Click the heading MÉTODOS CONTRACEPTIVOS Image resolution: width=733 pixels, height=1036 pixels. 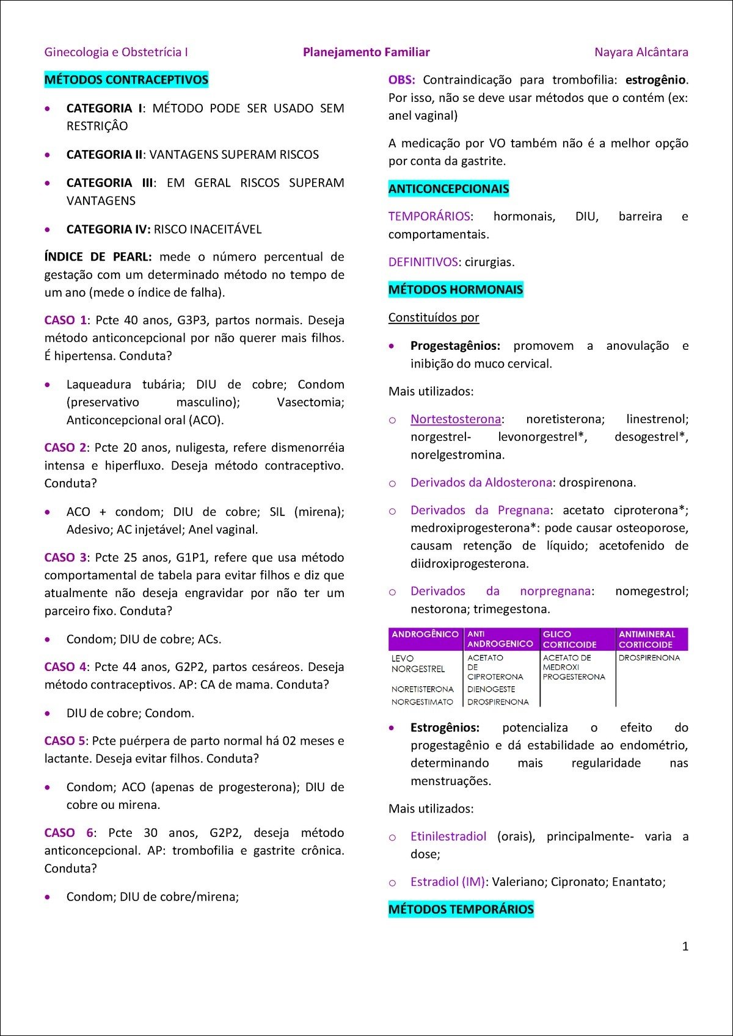pyautogui.click(x=126, y=80)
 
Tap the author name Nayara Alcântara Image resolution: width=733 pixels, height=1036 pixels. pyautogui.click(x=641, y=52)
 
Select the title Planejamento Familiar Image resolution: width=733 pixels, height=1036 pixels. pyautogui.click(x=366, y=52)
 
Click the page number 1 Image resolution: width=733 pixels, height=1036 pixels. pyautogui.click(x=685, y=946)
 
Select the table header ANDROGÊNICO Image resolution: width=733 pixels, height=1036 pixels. pyautogui.click(x=425, y=634)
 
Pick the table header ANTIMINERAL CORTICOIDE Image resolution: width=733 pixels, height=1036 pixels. pyautogui.click(x=646, y=639)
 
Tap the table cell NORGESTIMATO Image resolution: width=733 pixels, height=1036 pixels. pyautogui.click(x=422, y=702)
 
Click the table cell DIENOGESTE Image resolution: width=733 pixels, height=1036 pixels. pyautogui.click(x=491, y=689)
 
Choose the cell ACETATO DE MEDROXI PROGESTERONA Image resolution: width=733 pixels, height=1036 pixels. pyautogui.click(x=574, y=667)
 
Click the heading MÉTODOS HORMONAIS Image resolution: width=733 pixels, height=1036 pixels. pyautogui.click(x=456, y=289)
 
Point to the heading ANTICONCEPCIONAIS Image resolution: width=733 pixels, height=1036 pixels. pyautogui.click(x=448, y=189)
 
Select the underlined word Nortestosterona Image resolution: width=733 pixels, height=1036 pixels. pyautogui.click(x=456, y=419)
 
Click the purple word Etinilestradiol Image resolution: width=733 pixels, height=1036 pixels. pyautogui.click(x=448, y=836)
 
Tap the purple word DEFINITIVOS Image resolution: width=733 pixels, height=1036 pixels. pyautogui.click(x=423, y=262)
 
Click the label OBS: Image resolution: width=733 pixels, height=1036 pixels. pyautogui.click(x=401, y=80)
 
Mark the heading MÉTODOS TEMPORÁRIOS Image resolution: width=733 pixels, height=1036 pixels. pyautogui.click(x=461, y=909)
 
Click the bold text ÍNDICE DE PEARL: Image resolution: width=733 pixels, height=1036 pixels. pyautogui.click(x=98, y=257)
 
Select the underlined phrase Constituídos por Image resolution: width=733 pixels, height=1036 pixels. pyautogui.click(x=434, y=317)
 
